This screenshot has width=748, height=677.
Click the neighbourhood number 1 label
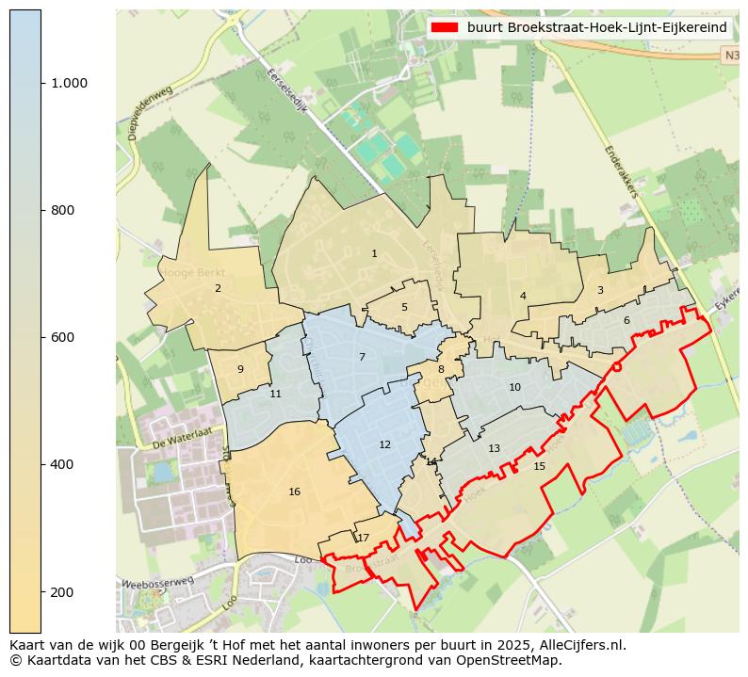click(374, 253)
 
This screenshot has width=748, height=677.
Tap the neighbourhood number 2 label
click(218, 288)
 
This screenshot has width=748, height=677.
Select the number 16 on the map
click(295, 492)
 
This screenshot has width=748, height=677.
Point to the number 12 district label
click(384, 444)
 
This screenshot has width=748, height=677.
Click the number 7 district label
click(362, 357)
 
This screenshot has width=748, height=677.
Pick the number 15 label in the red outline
click(539, 466)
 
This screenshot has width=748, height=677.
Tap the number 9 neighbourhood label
click(240, 369)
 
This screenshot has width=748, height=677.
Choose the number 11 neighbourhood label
click(275, 394)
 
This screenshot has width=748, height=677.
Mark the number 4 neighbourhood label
click(523, 296)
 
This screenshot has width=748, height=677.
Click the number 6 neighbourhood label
click(626, 320)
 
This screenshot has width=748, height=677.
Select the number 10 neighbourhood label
click(514, 387)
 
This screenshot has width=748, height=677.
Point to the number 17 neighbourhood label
click(363, 538)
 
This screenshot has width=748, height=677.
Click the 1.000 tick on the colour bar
click(69, 83)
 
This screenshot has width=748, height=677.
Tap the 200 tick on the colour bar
click(63, 591)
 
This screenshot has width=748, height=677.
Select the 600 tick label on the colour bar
click(63, 337)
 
